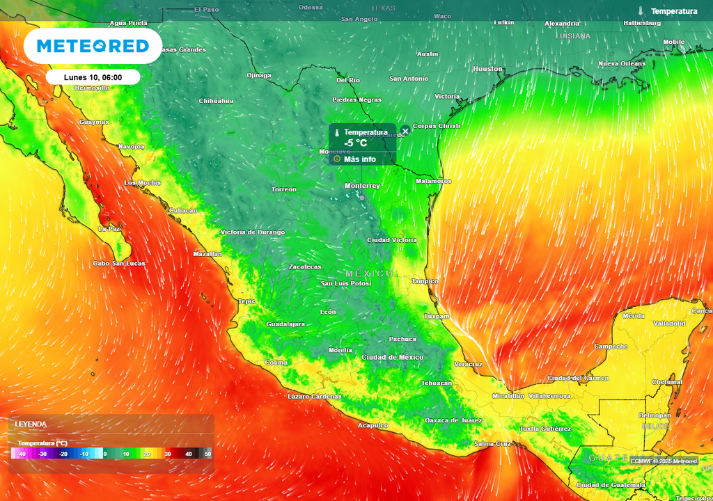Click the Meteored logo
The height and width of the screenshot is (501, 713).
pos(93,46)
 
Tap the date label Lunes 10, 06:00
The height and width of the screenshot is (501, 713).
pos(93,77)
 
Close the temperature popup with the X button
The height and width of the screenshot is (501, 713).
pos(405,131)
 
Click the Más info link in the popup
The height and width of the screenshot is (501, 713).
pos(359,159)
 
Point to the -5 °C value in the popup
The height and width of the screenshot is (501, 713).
pos(355,143)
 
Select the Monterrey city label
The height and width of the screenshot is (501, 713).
pos(362,186)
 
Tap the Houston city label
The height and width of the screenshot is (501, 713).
pos(487,69)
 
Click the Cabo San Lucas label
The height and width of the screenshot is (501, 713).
pos(119,264)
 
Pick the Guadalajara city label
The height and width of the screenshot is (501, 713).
pos(285,324)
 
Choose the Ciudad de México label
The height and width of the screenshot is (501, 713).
pos(392,357)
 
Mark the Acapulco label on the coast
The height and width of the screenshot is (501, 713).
pos(373,425)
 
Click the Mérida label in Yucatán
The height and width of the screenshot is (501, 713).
pos(634,316)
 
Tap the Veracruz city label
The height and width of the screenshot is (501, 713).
pos(468,364)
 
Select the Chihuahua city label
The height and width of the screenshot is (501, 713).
pos(216,101)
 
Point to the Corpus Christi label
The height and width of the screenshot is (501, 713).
pos(437,126)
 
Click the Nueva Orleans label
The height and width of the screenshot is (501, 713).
pos(622,64)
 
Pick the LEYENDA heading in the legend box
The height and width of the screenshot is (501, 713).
pos(31,424)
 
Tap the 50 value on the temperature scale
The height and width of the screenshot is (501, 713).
pos(207,454)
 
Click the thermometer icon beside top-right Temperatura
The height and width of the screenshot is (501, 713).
pos(641,11)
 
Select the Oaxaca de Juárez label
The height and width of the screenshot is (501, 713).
pos(453,420)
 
